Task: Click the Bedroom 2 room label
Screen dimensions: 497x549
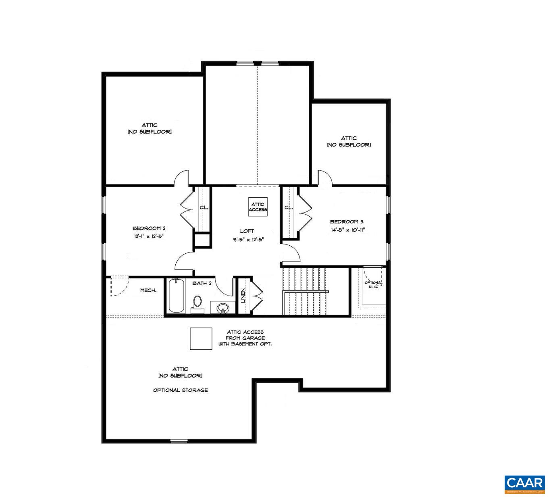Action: click(x=149, y=228)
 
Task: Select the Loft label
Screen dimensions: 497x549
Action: click(x=247, y=231)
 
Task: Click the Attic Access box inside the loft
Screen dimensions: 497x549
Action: click(x=258, y=207)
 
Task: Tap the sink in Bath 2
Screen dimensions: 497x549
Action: click(x=223, y=309)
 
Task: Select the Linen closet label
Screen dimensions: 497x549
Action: click(x=243, y=296)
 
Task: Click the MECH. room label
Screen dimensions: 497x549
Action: click(x=148, y=290)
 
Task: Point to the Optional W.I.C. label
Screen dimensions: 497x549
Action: click(x=373, y=285)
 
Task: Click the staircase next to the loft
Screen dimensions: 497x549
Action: click(x=305, y=290)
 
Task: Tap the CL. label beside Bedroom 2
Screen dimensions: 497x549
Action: click(x=204, y=207)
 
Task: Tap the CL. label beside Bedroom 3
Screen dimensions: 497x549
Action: click(x=288, y=207)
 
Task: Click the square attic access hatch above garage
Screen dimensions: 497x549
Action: click(x=201, y=338)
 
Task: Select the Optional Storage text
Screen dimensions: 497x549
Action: click(x=180, y=390)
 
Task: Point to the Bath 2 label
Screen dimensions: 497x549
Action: click(x=202, y=283)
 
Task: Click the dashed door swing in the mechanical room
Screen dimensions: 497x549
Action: click(x=119, y=286)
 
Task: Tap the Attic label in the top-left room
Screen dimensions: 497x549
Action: click(x=149, y=125)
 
